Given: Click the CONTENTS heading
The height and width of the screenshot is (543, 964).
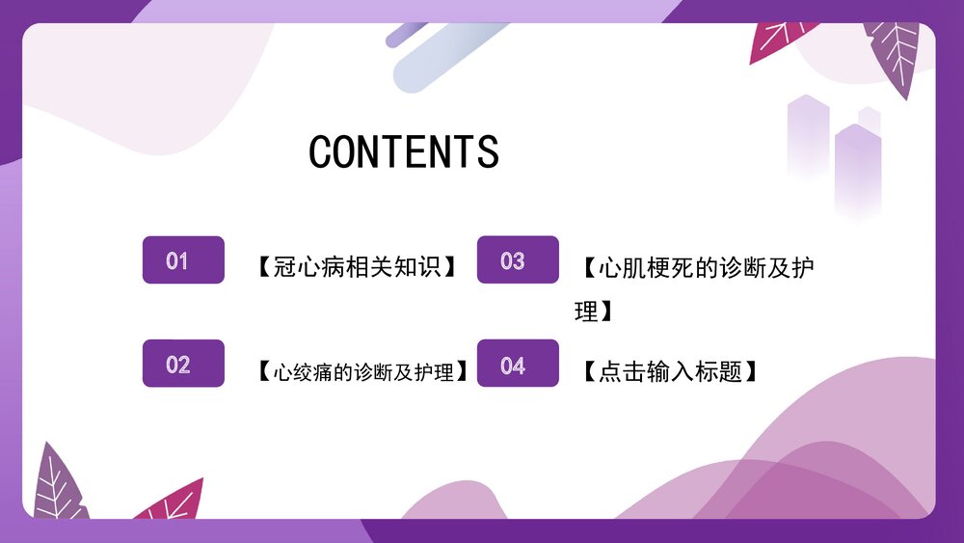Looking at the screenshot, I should (x=404, y=152).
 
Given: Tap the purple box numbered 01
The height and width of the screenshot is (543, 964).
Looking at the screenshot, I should (x=183, y=260).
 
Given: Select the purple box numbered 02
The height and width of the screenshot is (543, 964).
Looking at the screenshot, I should (x=183, y=364).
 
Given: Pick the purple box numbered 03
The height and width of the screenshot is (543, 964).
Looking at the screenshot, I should (x=518, y=260).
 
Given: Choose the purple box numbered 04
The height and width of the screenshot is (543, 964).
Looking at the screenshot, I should (x=518, y=364).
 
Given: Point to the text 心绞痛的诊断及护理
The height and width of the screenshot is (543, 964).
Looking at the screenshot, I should (x=363, y=371).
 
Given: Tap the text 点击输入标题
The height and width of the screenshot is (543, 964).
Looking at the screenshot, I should (x=670, y=371).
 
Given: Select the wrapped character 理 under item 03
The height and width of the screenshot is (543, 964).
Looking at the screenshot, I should (x=586, y=312).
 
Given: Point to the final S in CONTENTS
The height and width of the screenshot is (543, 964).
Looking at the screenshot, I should (x=488, y=152).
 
